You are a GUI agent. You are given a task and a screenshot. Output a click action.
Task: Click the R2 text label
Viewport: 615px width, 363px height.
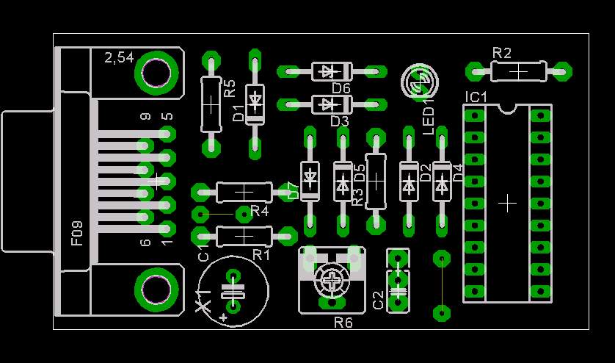coord(502,53)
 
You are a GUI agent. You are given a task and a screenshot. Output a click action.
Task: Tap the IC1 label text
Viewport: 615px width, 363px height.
coord(476,97)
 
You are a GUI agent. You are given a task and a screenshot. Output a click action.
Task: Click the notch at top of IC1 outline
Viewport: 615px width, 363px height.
coord(507,109)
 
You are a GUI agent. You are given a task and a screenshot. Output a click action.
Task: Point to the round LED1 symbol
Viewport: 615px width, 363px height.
coord(419,82)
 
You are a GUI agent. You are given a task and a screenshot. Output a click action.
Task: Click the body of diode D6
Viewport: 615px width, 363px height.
coord(332,71)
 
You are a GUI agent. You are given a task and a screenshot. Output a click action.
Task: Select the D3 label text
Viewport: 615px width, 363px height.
coord(340,121)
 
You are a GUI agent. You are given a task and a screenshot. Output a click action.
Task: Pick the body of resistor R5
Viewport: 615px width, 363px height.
coord(211,104)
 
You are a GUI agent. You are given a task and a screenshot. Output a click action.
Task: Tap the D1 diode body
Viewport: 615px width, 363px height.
coord(255,104)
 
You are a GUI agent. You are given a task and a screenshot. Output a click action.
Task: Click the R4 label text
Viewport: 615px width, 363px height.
coord(260,212)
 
